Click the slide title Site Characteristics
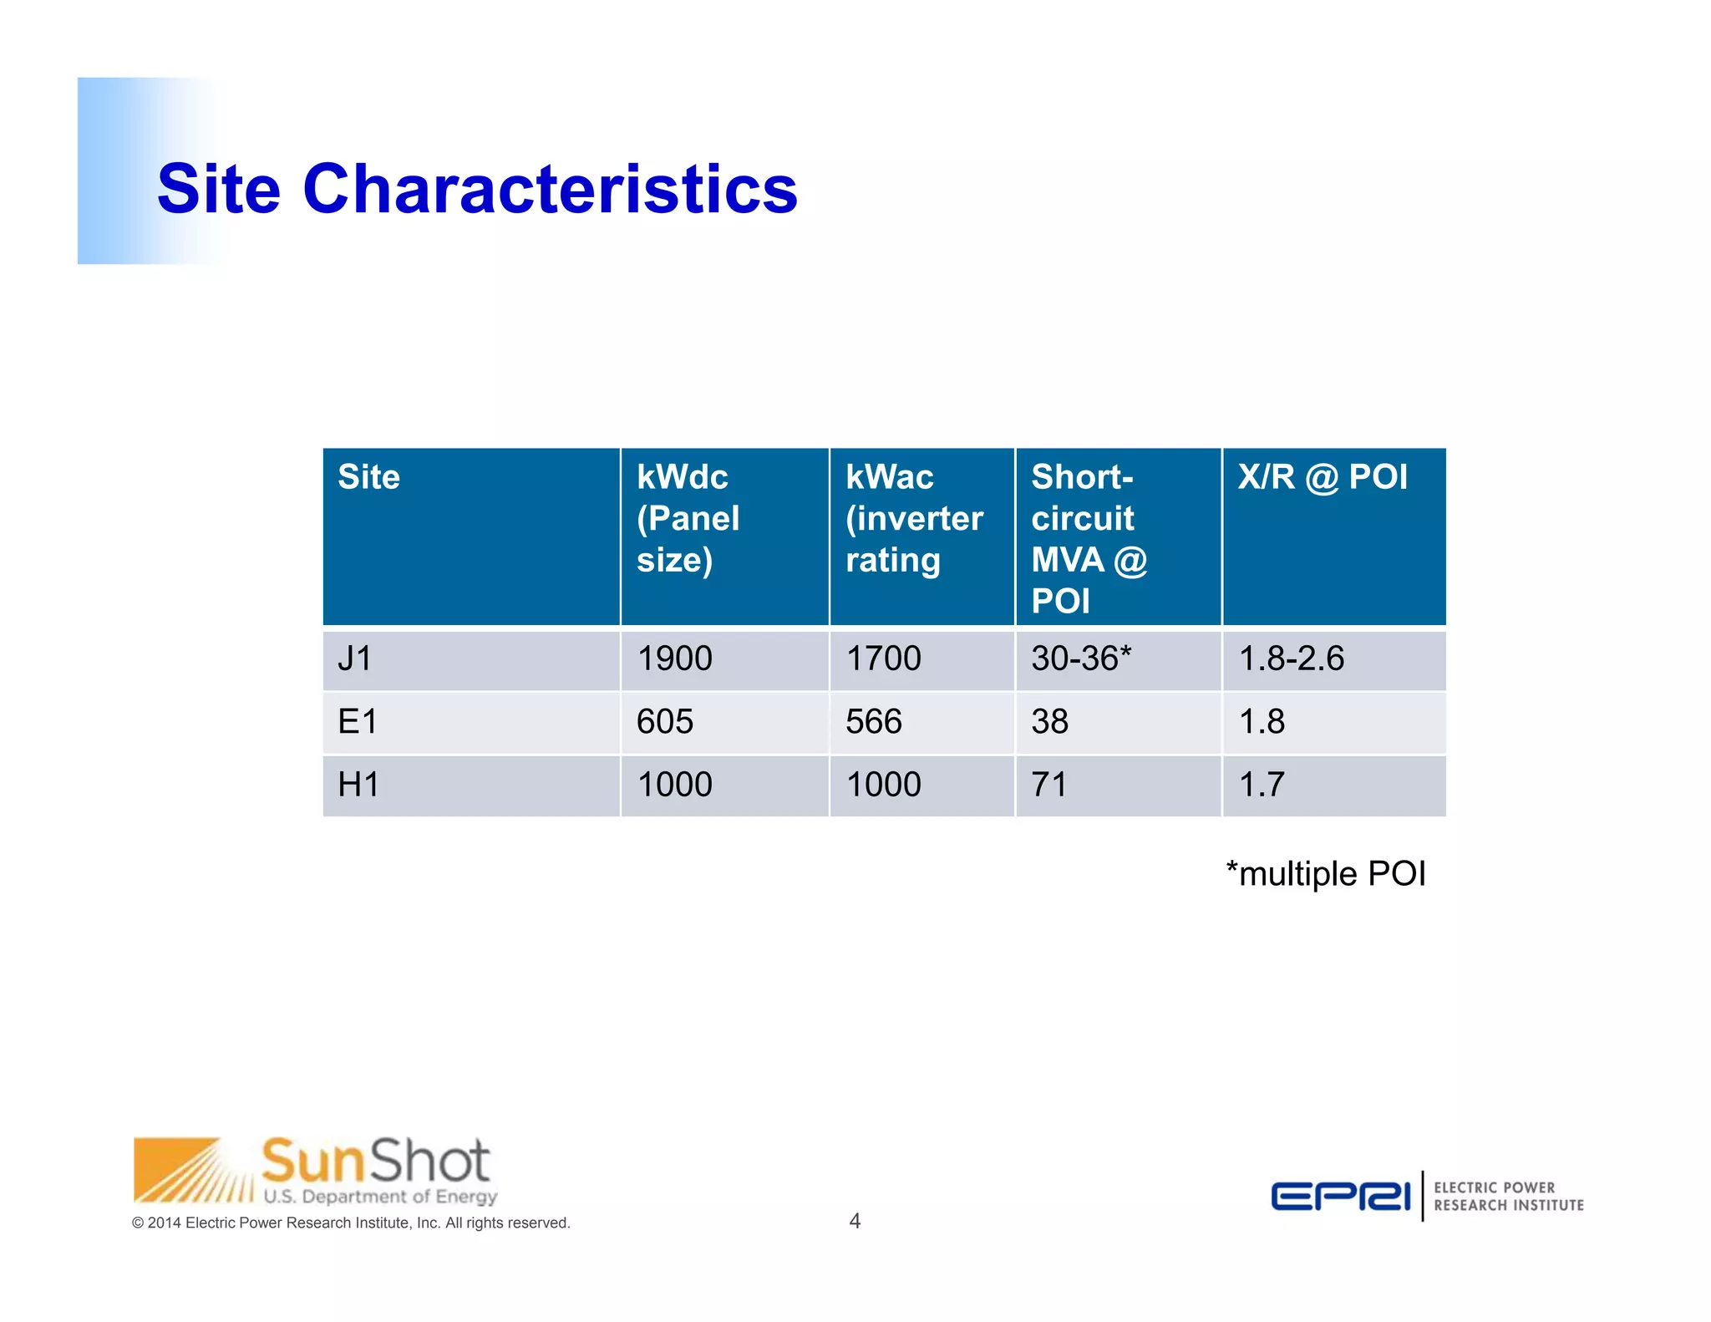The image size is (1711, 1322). (477, 189)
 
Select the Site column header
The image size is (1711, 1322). (368, 477)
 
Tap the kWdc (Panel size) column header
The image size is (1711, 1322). (688, 518)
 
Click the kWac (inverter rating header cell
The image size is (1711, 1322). (914, 518)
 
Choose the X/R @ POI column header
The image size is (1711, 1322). (1323, 477)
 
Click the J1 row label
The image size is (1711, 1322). (355, 658)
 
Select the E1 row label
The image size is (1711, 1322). (358, 721)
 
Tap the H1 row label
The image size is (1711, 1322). (358, 785)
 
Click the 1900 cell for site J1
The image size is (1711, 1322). (674, 658)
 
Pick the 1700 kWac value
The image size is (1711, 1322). (883, 658)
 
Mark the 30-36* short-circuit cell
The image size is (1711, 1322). (1081, 658)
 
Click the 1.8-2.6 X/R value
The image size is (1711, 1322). (1292, 658)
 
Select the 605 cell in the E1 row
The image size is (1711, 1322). (665, 721)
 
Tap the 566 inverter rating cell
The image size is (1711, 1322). (874, 721)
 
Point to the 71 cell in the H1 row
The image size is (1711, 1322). (1049, 785)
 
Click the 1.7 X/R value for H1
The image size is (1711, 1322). (1262, 785)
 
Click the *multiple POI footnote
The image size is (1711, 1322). (1326, 874)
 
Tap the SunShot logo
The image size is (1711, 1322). (316, 1171)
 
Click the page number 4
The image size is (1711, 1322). (855, 1221)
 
